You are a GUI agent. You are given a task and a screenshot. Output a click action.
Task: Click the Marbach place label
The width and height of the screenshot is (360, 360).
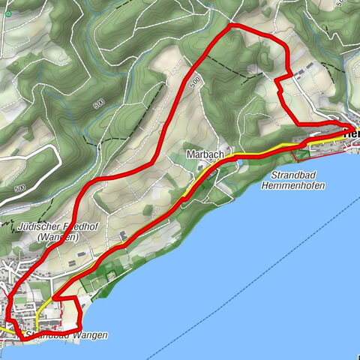[x=204, y=154]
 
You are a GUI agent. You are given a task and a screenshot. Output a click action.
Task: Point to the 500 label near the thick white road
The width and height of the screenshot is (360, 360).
[x=19, y=188]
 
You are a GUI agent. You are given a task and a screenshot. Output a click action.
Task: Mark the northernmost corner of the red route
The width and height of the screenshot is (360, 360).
[x=231, y=26]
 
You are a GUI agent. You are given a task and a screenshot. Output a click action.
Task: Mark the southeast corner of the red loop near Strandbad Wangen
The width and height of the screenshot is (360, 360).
[x=79, y=328]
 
